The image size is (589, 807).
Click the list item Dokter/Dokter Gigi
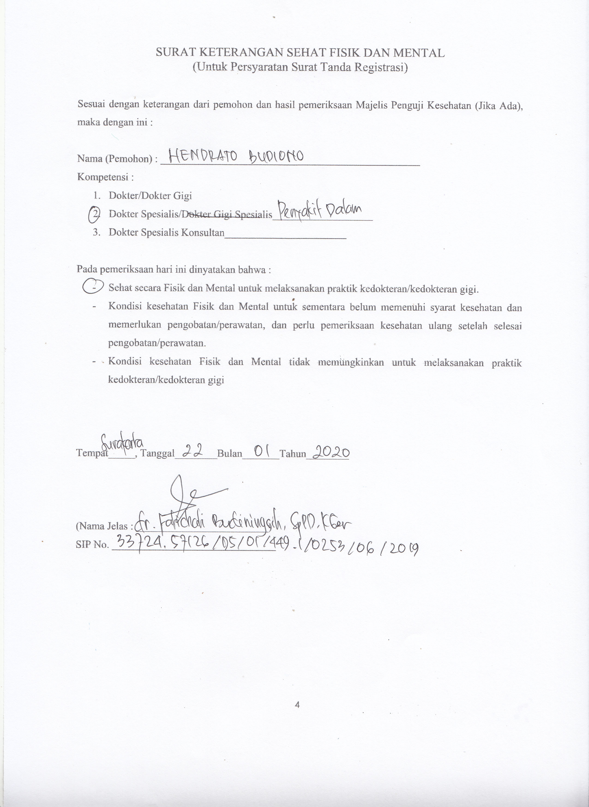coord(150,196)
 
